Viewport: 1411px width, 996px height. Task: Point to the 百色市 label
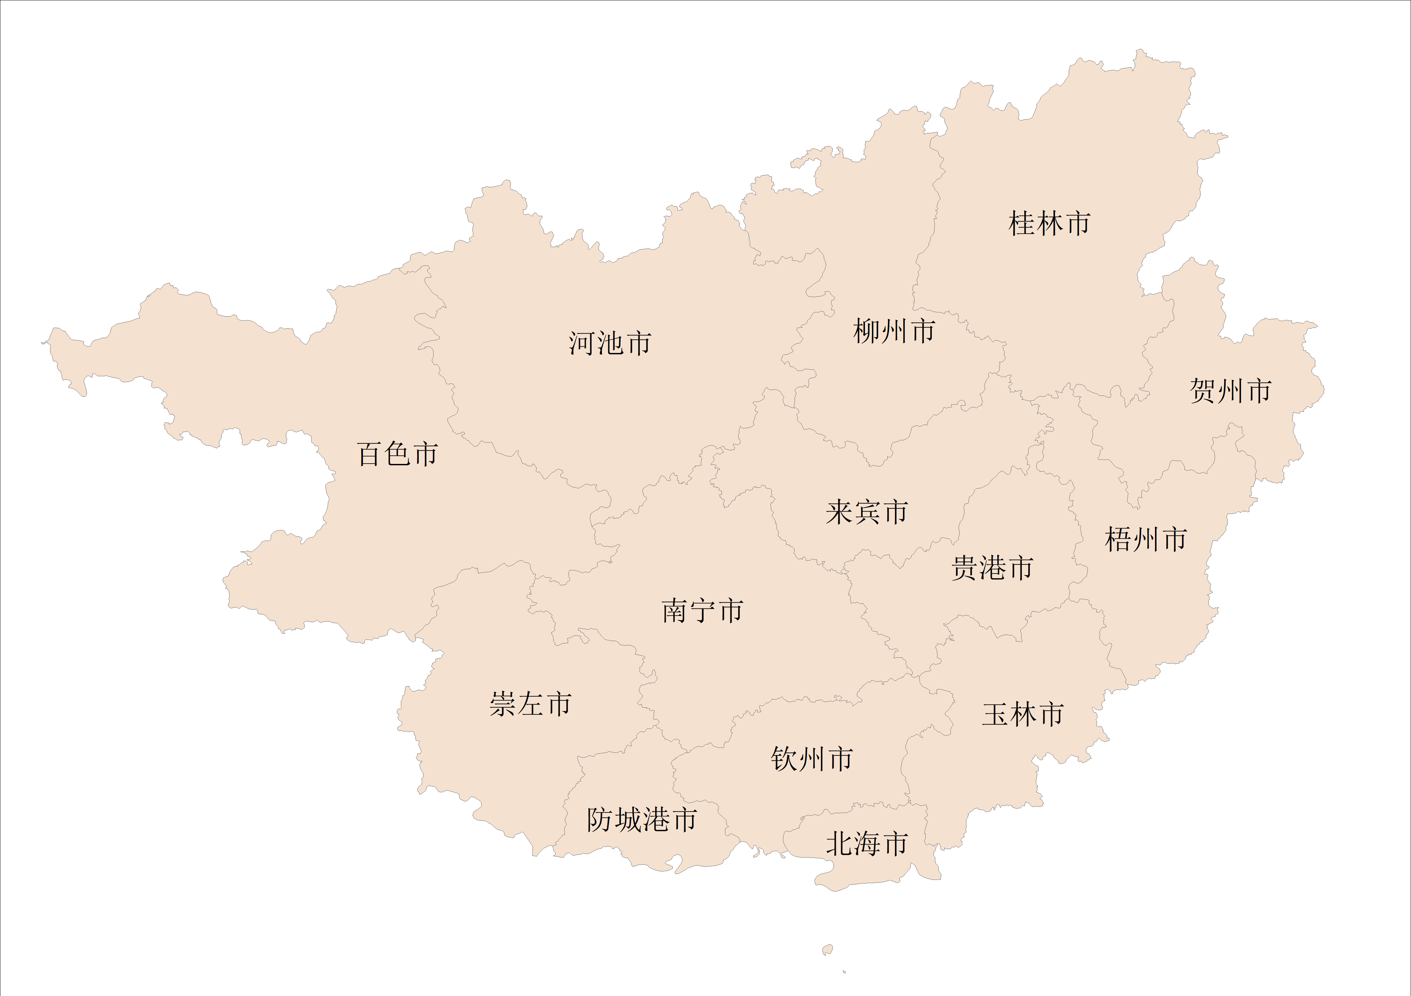point(398,454)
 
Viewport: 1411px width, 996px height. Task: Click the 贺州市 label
point(1230,391)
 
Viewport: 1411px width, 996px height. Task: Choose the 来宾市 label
point(866,512)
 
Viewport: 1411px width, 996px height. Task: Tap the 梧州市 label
point(1145,539)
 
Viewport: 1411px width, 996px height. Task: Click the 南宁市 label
point(702,611)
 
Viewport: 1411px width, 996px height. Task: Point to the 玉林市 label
point(1023,714)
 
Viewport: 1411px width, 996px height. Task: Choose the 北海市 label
point(866,844)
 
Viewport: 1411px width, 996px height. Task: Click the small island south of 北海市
point(828,950)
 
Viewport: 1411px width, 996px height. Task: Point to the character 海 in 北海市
point(866,844)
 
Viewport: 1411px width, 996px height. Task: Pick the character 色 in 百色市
point(398,454)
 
